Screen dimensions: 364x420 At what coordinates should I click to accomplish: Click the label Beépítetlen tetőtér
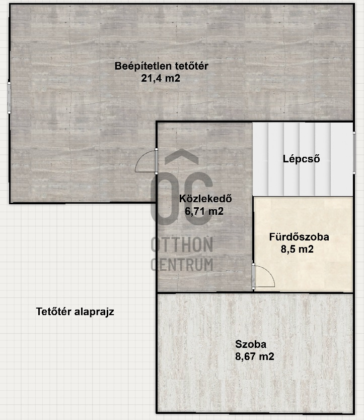[161, 66]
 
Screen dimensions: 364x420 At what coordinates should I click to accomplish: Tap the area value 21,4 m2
[161, 78]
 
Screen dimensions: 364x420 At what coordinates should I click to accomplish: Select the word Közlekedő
[205, 199]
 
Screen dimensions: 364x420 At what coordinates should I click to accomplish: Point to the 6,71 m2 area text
[204, 211]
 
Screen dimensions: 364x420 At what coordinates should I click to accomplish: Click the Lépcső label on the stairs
[302, 159]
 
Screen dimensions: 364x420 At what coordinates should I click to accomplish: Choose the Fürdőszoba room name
[299, 237]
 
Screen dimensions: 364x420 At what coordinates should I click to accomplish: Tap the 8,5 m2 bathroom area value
[297, 249]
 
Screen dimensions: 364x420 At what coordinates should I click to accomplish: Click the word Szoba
[251, 344]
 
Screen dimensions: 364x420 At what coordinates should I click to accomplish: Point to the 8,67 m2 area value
[255, 356]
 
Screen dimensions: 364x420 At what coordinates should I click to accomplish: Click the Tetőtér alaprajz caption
[75, 312]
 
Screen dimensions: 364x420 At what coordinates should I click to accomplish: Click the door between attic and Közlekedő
[146, 161]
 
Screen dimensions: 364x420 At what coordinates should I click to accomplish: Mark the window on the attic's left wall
[9, 98]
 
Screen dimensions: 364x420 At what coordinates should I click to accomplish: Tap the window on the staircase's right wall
[354, 153]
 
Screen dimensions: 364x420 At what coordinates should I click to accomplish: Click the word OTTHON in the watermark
[182, 244]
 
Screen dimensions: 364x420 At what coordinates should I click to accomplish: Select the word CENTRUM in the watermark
[182, 264]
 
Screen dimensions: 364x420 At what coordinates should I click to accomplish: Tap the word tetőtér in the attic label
[191, 66]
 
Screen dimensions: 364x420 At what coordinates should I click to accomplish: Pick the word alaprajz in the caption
[94, 312]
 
